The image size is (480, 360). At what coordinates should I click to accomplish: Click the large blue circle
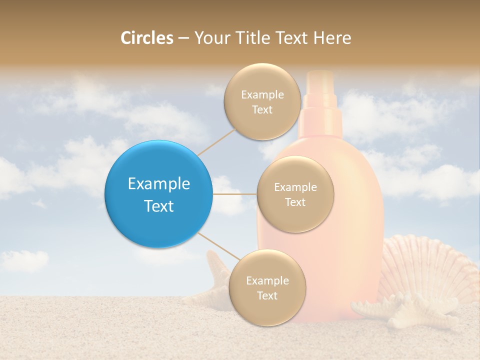[158, 194]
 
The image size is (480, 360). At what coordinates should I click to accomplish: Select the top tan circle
[262, 101]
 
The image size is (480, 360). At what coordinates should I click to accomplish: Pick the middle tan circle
[295, 194]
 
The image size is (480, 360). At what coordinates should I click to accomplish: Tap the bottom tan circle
[267, 287]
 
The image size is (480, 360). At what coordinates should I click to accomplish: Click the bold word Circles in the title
[147, 38]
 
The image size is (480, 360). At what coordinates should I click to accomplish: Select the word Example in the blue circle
[159, 183]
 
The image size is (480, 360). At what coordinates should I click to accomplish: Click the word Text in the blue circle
[159, 206]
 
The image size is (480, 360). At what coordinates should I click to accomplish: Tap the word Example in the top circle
[262, 94]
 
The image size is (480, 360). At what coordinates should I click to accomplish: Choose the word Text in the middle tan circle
[295, 202]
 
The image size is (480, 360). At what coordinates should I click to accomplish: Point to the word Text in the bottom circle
[267, 295]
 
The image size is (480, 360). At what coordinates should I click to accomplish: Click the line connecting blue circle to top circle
[216, 141]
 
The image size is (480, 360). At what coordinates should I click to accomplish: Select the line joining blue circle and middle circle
[234, 193]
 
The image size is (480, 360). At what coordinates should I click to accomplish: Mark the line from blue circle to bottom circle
[218, 246]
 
